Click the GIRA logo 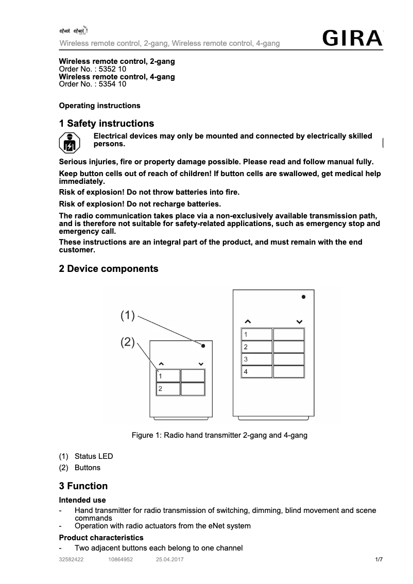353,39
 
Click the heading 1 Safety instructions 107,124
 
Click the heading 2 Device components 109,269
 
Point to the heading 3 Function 83,486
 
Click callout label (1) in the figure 128,315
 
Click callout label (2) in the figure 128,342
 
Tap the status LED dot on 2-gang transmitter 203,346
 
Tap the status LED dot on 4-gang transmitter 304,297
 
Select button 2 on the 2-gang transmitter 168,389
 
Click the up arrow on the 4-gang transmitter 248,322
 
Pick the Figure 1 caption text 219,436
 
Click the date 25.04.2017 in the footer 169,559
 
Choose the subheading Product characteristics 101,538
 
